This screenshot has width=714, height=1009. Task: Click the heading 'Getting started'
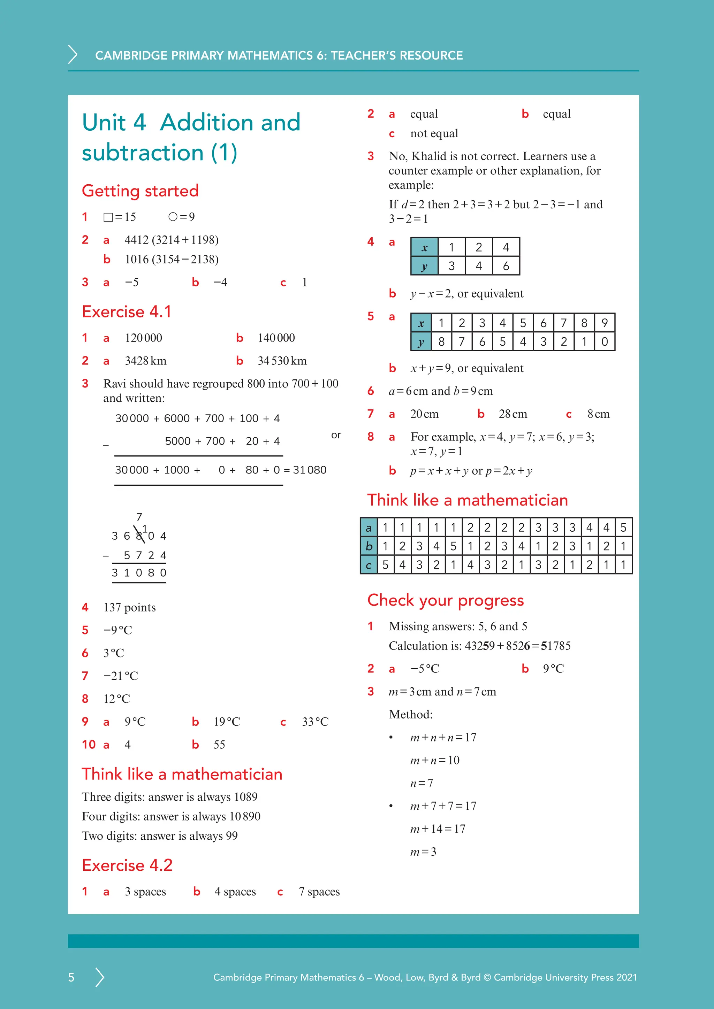(140, 191)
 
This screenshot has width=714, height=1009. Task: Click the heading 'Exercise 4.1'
(126, 311)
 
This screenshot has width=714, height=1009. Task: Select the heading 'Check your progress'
(445, 600)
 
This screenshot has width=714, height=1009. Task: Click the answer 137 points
(129, 607)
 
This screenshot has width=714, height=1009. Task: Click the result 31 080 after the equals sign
(310, 470)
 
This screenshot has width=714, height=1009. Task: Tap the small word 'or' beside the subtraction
(336, 435)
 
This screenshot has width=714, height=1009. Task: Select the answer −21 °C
(121, 676)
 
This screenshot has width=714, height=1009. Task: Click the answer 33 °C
(315, 722)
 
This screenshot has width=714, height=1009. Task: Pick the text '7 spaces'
(319, 891)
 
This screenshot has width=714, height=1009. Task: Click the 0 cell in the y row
(605, 341)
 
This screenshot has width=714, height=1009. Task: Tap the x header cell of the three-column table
(424, 247)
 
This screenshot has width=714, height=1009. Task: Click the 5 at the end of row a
(623, 527)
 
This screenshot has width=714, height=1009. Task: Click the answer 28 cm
(512, 414)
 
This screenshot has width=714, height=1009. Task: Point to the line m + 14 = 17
(438, 829)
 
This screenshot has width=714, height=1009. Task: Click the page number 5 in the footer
(71, 977)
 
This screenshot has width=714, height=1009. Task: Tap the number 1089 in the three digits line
(245, 797)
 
